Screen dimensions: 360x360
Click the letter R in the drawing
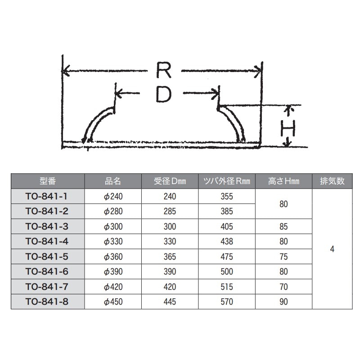[x=164, y=70]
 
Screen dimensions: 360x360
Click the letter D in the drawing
[x=163, y=94]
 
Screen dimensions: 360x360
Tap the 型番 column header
[x=48, y=181]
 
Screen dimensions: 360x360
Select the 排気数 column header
[x=332, y=181]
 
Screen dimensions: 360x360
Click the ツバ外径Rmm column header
[x=227, y=181]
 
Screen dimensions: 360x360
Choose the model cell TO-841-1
[x=46, y=196]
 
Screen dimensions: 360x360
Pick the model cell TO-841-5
[x=47, y=256]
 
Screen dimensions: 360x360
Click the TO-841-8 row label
[x=47, y=301]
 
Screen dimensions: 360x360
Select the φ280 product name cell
[x=113, y=211]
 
